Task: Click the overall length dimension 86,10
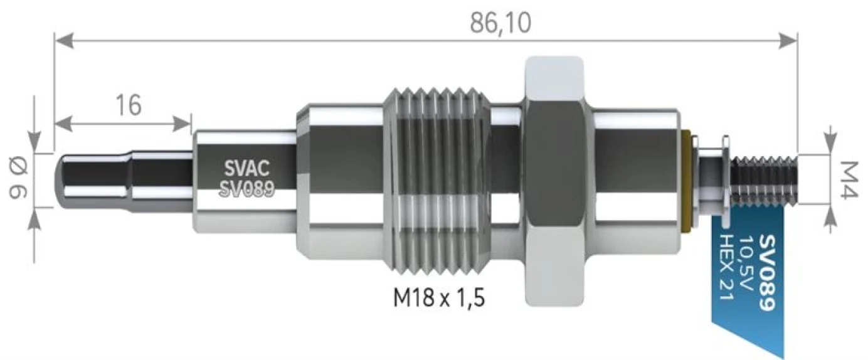tap(500, 23)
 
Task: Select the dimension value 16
tap(127, 105)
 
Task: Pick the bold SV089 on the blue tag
tap(768, 273)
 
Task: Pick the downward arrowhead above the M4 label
tap(832, 146)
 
